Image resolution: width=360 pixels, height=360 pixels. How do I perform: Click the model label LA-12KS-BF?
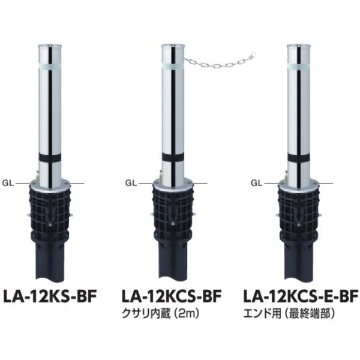point(49,296)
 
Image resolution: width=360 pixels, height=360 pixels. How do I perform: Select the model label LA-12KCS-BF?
point(172,296)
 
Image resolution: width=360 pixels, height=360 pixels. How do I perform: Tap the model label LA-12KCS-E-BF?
point(301,296)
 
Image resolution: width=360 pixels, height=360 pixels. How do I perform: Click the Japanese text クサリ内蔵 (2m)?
point(160,314)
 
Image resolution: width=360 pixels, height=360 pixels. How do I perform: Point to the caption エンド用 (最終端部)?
point(289,314)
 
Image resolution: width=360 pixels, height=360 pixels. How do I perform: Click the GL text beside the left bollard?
point(8,183)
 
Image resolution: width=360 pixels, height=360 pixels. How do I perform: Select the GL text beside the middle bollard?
point(131,183)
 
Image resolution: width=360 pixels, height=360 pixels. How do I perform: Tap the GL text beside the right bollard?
point(257,183)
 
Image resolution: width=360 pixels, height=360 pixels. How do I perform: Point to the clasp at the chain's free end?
point(253,55)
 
